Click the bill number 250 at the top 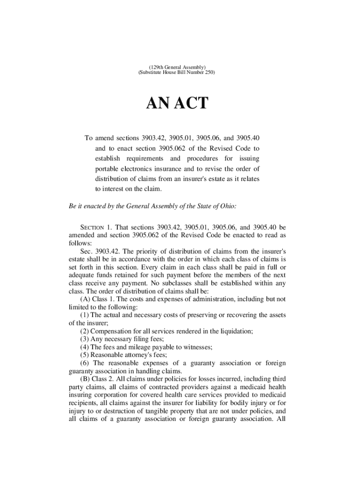point(209,73)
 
